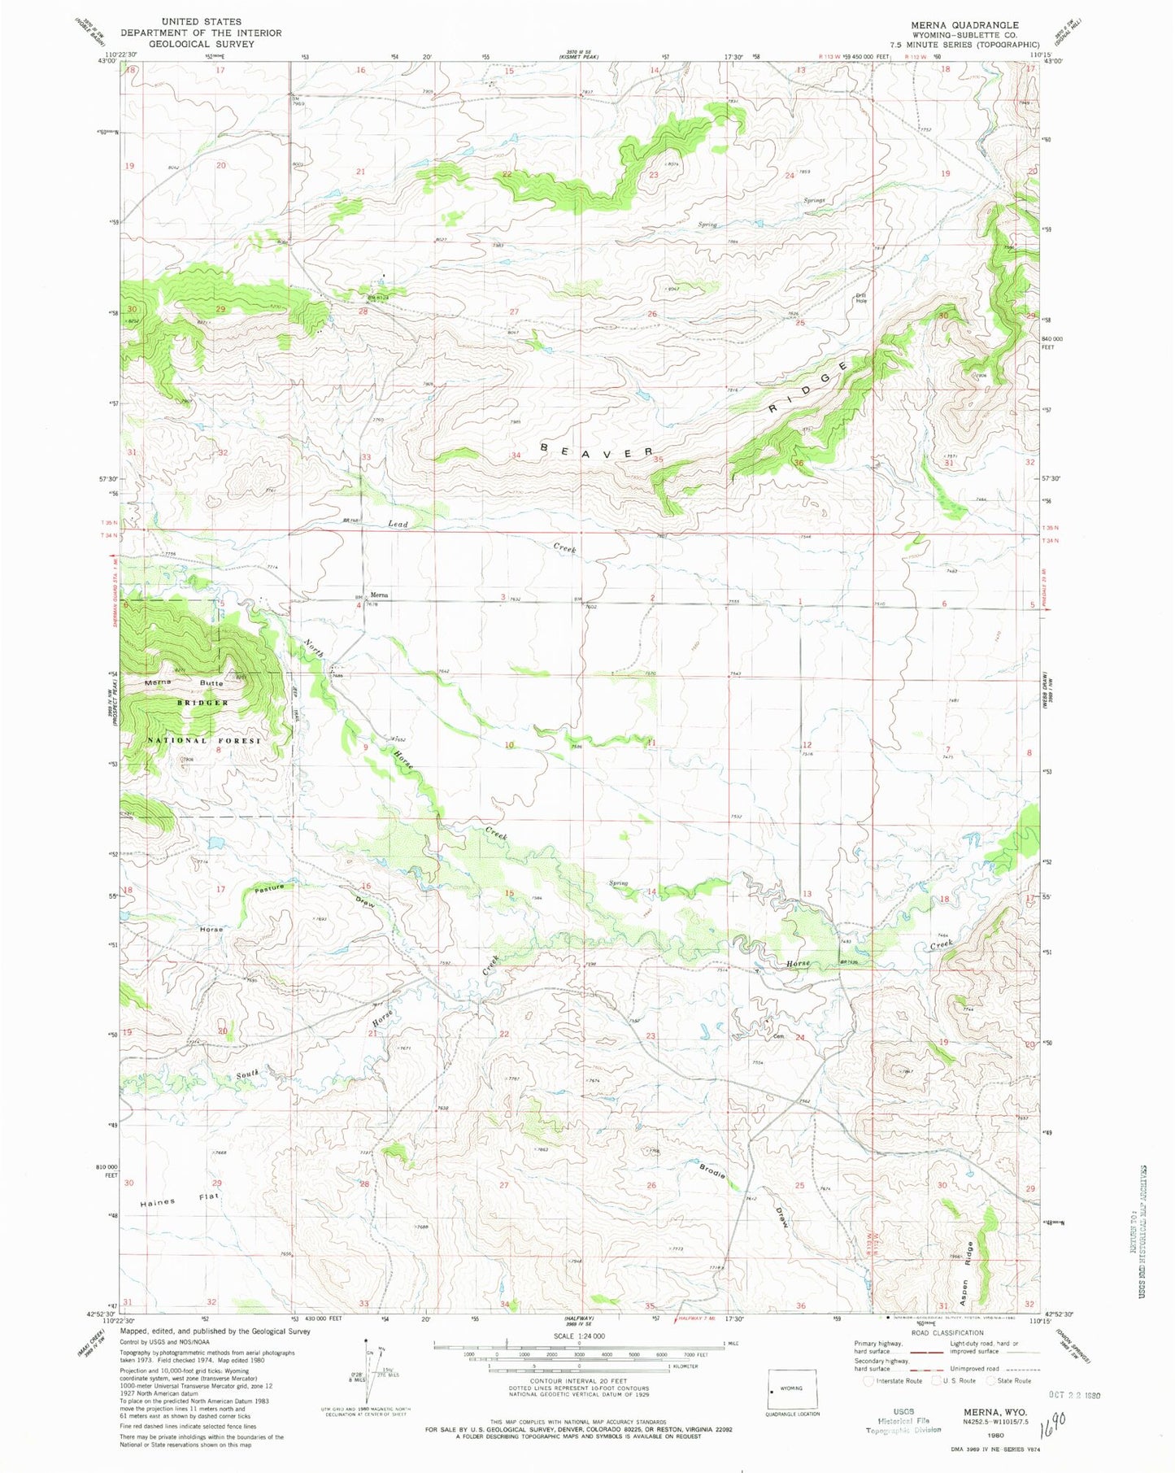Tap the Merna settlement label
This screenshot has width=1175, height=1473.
pyautogui.click(x=380, y=595)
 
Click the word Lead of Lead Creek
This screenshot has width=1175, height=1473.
pyautogui.click(x=398, y=524)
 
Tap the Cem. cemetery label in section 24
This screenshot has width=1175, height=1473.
pyautogui.click(x=777, y=1037)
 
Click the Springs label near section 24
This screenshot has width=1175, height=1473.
pyautogui.click(x=814, y=200)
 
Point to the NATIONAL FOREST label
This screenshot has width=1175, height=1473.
pyautogui.click(x=210, y=740)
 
